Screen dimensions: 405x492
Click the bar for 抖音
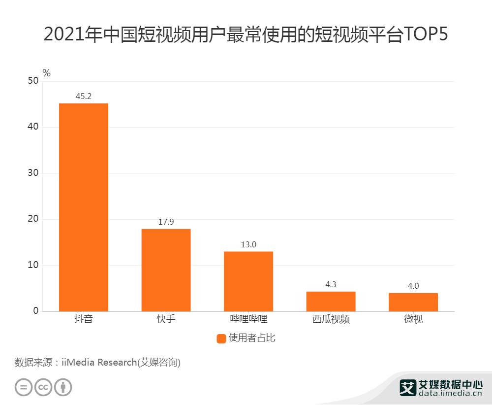click(84, 207)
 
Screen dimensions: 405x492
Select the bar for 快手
click(166, 270)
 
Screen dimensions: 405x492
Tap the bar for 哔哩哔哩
click(248, 281)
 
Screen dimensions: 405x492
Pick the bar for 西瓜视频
click(331, 302)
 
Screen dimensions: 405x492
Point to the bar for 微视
click(413, 302)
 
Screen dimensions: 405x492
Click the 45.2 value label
click(84, 96)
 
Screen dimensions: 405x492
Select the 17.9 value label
click(166, 222)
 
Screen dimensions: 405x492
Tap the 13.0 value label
click(248, 244)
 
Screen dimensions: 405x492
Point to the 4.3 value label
click(331, 284)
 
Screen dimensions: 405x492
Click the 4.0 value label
click(413, 286)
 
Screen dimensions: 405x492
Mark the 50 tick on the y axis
click(33, 81)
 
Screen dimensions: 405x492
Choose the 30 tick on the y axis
click(33, 173)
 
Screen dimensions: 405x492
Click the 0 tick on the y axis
click(36, 311)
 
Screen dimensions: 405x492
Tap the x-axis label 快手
click(166, 319)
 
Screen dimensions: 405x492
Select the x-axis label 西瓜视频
click(331, 319)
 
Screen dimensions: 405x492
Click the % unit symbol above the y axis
click(47, 73)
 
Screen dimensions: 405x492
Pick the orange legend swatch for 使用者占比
click(221, 338)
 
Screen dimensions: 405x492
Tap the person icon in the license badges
click(62, 387)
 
